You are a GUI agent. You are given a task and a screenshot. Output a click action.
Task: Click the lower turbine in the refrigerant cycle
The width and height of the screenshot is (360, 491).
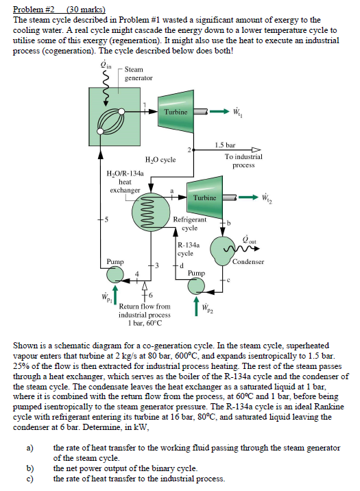tap(204, 197)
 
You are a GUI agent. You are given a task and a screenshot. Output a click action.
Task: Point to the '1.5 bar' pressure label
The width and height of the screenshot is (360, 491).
tap(225, 145)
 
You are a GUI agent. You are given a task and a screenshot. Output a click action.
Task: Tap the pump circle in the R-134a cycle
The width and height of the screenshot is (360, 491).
tap(197, 285)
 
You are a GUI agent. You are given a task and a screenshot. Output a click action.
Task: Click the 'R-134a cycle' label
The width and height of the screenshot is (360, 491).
tap(189, 248)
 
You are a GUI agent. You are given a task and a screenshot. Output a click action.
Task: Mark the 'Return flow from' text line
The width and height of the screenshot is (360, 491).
tap(145, 307)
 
